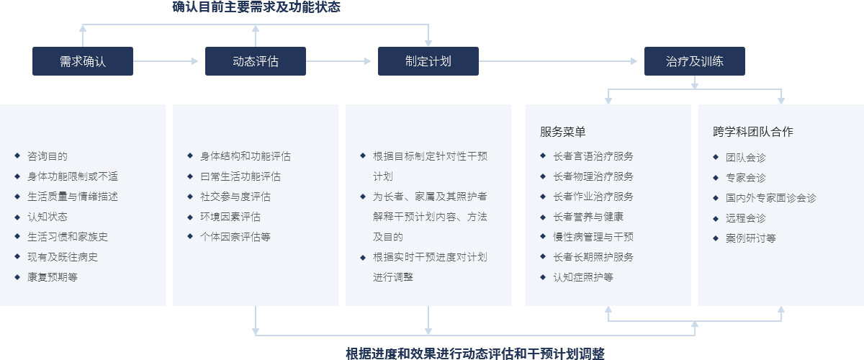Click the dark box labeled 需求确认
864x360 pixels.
coord(83,61)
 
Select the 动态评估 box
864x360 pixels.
coord(256,61)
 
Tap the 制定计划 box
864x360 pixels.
coord(428,61)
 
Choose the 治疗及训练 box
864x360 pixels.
coord(695,61)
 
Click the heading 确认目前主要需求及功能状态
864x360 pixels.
coord(256,7)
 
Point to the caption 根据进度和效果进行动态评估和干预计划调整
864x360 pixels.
coord(474,353)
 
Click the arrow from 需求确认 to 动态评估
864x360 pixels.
coord(166,61)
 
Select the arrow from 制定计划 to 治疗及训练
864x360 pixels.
coord(558,61)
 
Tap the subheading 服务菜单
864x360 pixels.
coord(562,132)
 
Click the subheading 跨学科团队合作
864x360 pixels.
coord(753,132)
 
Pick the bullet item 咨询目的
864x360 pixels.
coord(48,156)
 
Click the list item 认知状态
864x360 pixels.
coord(48,217)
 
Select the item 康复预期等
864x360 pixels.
coord(53,277)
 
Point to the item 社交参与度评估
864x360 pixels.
coord(235,197)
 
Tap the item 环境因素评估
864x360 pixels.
coord(230,217)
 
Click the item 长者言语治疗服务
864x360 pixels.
coord(593,156)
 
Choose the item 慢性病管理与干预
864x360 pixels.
coord(593,237)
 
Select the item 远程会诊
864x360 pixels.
coord(746,218)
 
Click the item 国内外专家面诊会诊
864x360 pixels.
coord(770,198)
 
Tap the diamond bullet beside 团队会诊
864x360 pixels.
coord(716,157)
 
